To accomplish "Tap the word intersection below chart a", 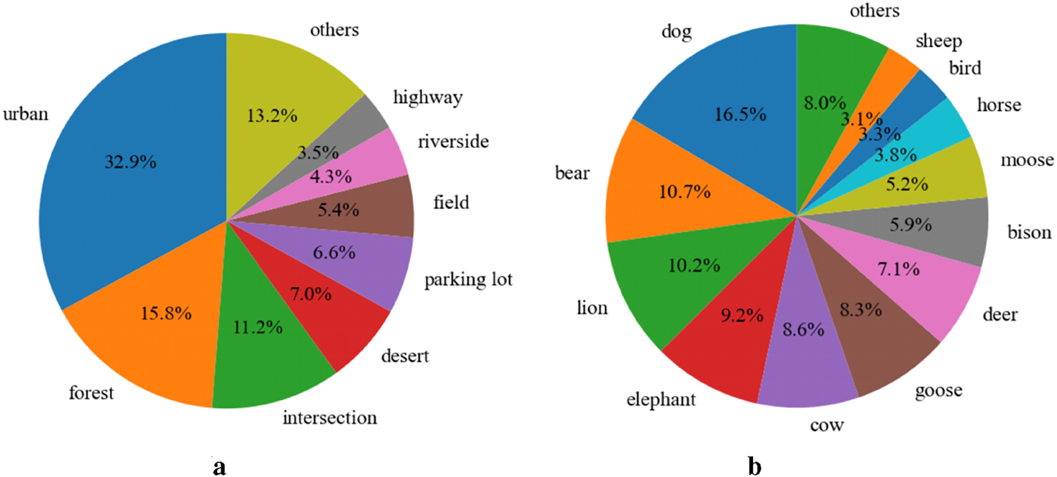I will pos(329,418).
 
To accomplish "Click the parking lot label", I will pos(468,280).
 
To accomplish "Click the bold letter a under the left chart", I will pos(219,466).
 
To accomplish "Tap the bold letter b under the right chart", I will pos(755,466).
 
